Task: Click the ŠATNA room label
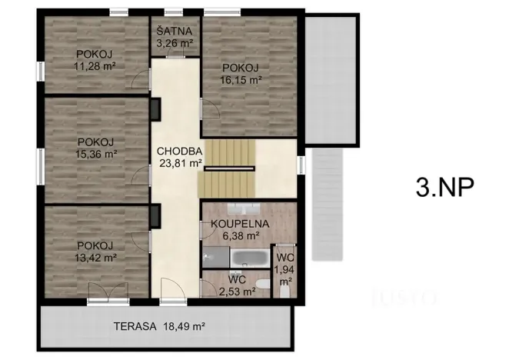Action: point(175,32)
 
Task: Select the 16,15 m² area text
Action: point(241,78)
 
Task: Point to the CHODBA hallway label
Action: point(178,151)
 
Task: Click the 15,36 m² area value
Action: point(96,154)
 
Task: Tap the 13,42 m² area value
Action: point(95,257)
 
